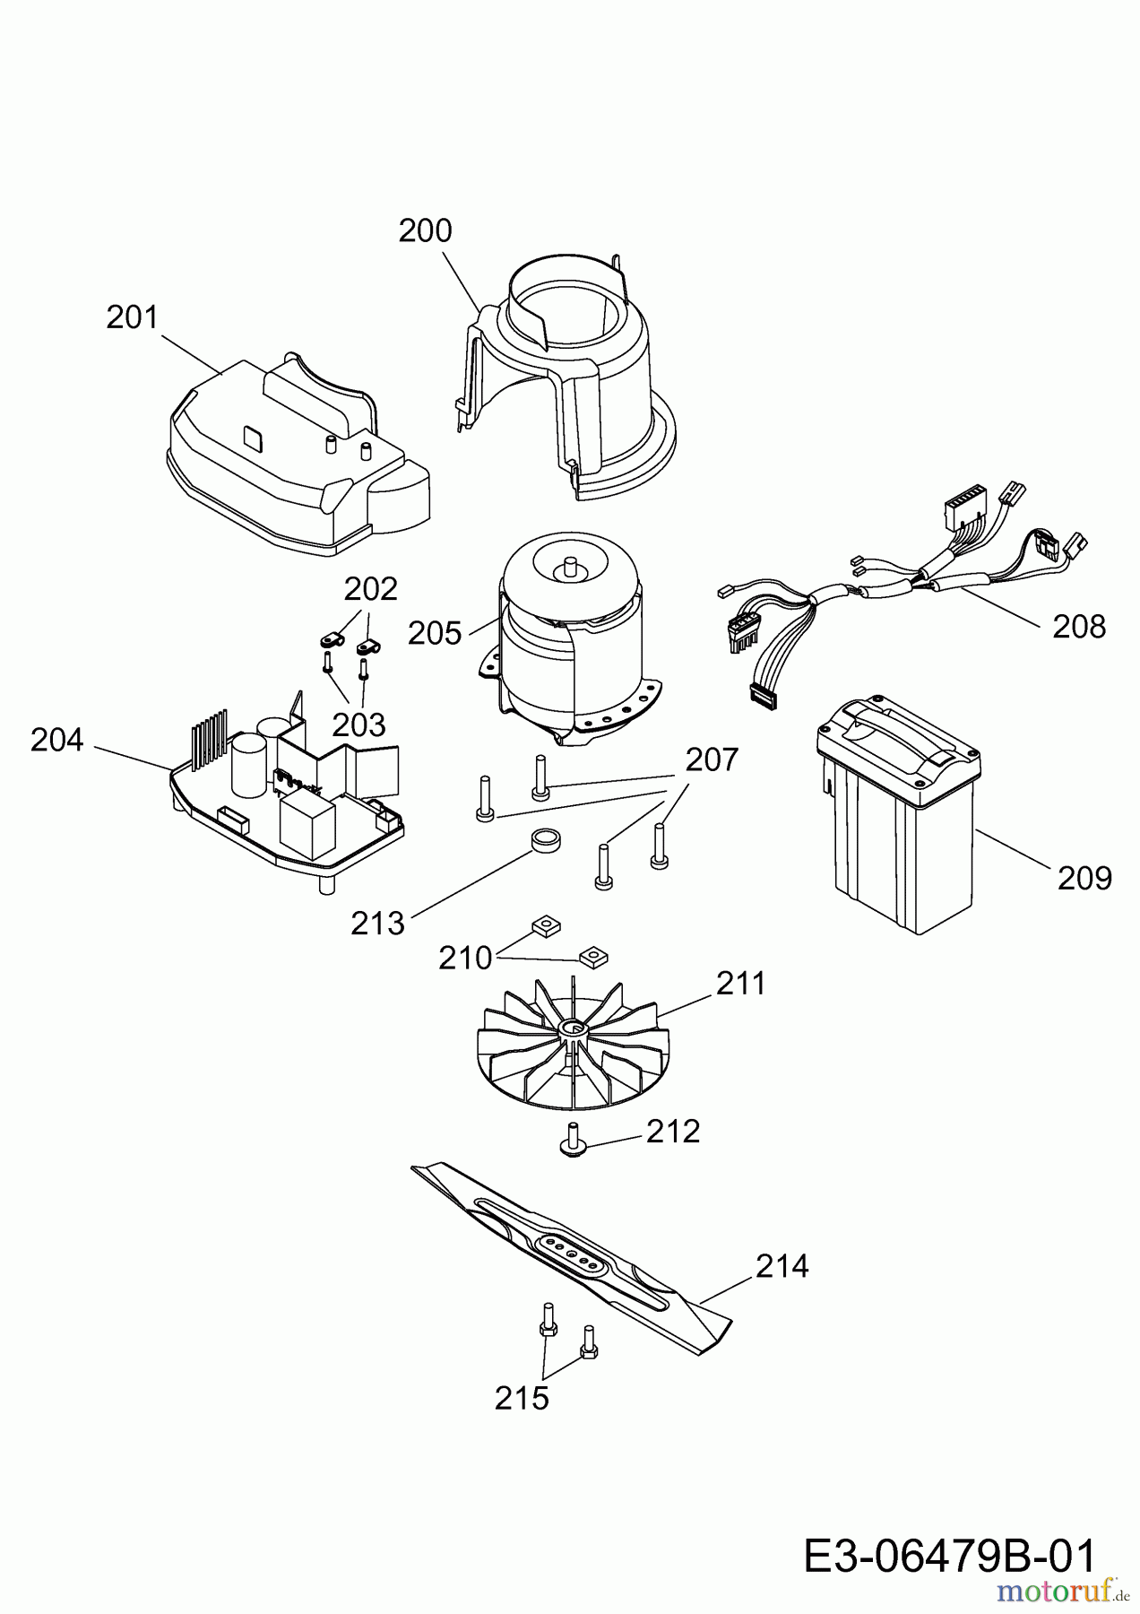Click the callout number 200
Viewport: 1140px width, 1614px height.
click(426, 231)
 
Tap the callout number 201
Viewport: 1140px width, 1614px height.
click(132, 317)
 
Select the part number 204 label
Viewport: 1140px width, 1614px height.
click(57, 740)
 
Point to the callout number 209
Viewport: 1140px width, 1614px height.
click(1084, 878)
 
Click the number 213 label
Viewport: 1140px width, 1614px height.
click(377, 923)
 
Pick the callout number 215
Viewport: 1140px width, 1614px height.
click(522, 1398)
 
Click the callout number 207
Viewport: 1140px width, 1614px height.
click(712, 759)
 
